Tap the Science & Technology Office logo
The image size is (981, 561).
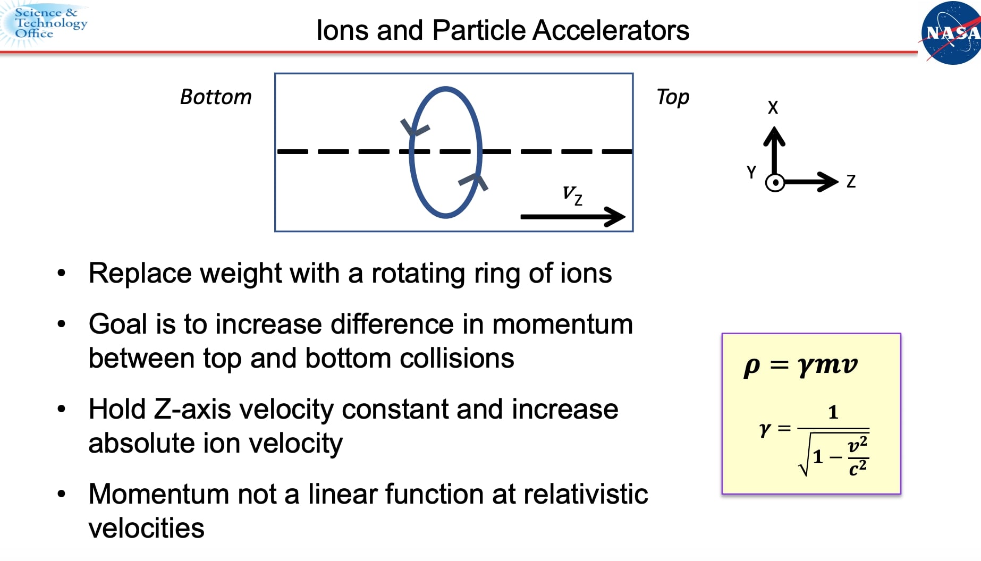tap(45, 23)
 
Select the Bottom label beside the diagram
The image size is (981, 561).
tap(216, 97)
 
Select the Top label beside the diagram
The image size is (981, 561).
tap(673, 97)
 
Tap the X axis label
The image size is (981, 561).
tap(773, 108)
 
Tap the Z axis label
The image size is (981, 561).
tap(851, 182)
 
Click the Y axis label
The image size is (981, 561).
tap(751, 172)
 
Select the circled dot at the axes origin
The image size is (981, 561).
tap(775, 183)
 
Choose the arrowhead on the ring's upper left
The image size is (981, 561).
tap(413, 128)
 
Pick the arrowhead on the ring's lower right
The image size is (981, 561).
tap(475, 181)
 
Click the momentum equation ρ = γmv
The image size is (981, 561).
tap(800, 365)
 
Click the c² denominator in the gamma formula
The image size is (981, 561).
tap(857, 468)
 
